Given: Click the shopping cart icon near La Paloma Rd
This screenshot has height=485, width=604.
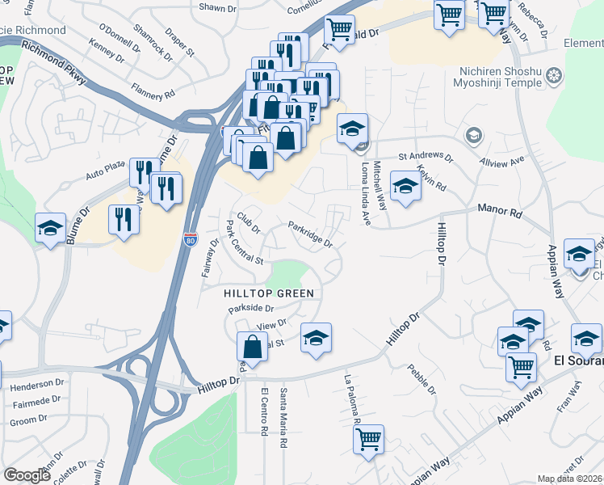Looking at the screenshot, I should (368, 441).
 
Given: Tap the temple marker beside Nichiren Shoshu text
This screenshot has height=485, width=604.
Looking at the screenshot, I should (554, 77).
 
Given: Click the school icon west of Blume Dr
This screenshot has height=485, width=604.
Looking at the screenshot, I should (50, 229).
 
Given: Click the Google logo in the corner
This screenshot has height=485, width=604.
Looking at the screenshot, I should (27, 475).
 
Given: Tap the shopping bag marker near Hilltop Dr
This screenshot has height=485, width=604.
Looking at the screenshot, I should (252, 346).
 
